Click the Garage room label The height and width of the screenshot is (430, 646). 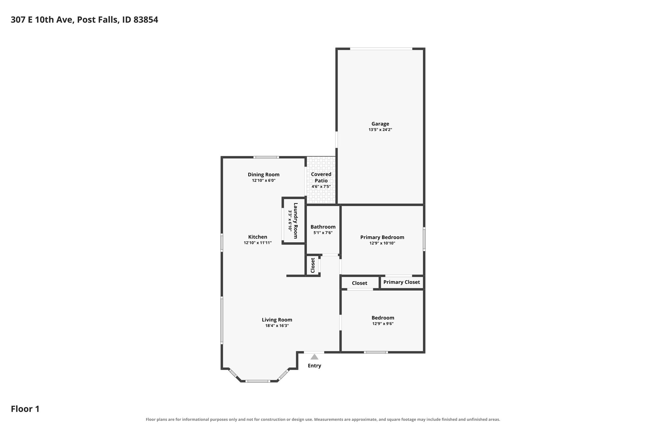[x=380, y=124]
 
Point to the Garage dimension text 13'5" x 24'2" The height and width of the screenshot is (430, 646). [x=380, y=129]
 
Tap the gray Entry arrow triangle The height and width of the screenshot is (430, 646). [x=314, y=357]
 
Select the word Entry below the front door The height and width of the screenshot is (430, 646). [x=314, y=366]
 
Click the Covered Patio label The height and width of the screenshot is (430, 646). [x=321, y=177]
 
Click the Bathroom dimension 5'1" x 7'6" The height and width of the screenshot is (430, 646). [x=323, y=233]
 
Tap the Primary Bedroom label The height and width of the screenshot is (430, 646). [x=382, y=237]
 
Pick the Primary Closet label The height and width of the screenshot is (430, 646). [x=402, y=282]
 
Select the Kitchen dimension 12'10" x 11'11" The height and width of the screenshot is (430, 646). [x=258, y=243]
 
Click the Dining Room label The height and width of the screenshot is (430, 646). [x=264, y=175]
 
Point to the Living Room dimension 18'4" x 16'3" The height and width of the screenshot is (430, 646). [x=277, y=326]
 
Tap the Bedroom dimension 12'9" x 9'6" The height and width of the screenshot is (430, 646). [x=383, y=324]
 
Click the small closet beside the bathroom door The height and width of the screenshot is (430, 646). [x=313, y=265]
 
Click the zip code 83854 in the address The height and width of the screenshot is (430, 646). [x=146, y=20]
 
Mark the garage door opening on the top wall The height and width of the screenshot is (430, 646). [x=381, y=49]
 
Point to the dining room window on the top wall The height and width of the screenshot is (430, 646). [x=266, y=157]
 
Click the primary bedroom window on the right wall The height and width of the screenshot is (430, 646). [x=424, y=239]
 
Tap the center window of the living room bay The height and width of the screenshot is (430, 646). [x=258, y=381]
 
